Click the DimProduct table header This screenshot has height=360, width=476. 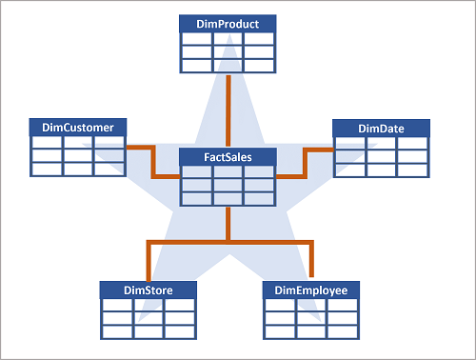pos(228,23)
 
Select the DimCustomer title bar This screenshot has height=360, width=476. pos(78,127)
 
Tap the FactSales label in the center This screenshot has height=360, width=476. pos(228,156)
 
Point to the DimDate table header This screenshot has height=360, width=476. pos(381,128)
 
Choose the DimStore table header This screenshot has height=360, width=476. pos(148,290)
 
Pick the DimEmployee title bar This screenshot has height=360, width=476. pos(311,290)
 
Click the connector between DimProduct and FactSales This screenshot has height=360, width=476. pos(228,110)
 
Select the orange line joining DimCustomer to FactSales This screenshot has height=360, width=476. pos(143,148)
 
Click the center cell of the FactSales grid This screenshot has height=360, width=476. pos(228,186)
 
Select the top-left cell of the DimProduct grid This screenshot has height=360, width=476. pos(197,39)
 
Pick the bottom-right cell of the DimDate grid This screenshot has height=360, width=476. pos(412,170)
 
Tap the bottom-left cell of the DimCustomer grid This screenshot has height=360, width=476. pos(47,169)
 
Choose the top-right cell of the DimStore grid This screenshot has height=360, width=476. pos(179,305)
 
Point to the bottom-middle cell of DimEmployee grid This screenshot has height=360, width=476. pos(311,331)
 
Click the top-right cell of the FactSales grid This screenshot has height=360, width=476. pos(259,172)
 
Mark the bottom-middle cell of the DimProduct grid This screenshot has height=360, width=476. pos(228,66)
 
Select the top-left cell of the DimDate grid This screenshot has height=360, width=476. pos(349,143)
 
